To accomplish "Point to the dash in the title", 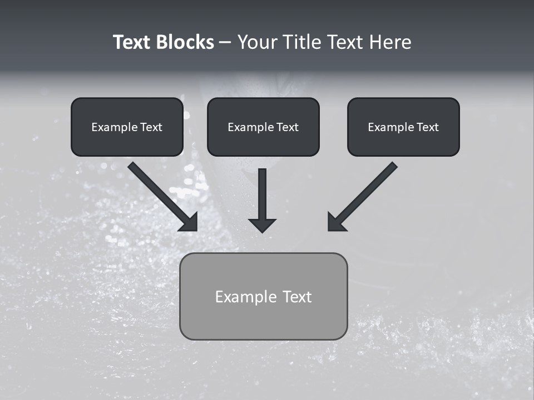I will click(x=225, y=42).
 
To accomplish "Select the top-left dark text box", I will click(x=127, y=127).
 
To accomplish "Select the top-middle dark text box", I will click(x=263, y=127).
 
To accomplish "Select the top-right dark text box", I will click(x=403, y=127).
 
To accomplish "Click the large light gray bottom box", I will click(x=263, y=296).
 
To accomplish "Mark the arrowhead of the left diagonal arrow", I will click(x=189, y=222).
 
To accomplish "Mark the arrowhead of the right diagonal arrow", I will click(x=336, y=222).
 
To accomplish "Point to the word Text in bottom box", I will click(x=297, y=297).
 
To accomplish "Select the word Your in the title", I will click(x=258, y=42).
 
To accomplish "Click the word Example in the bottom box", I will click(x=246, y=297).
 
